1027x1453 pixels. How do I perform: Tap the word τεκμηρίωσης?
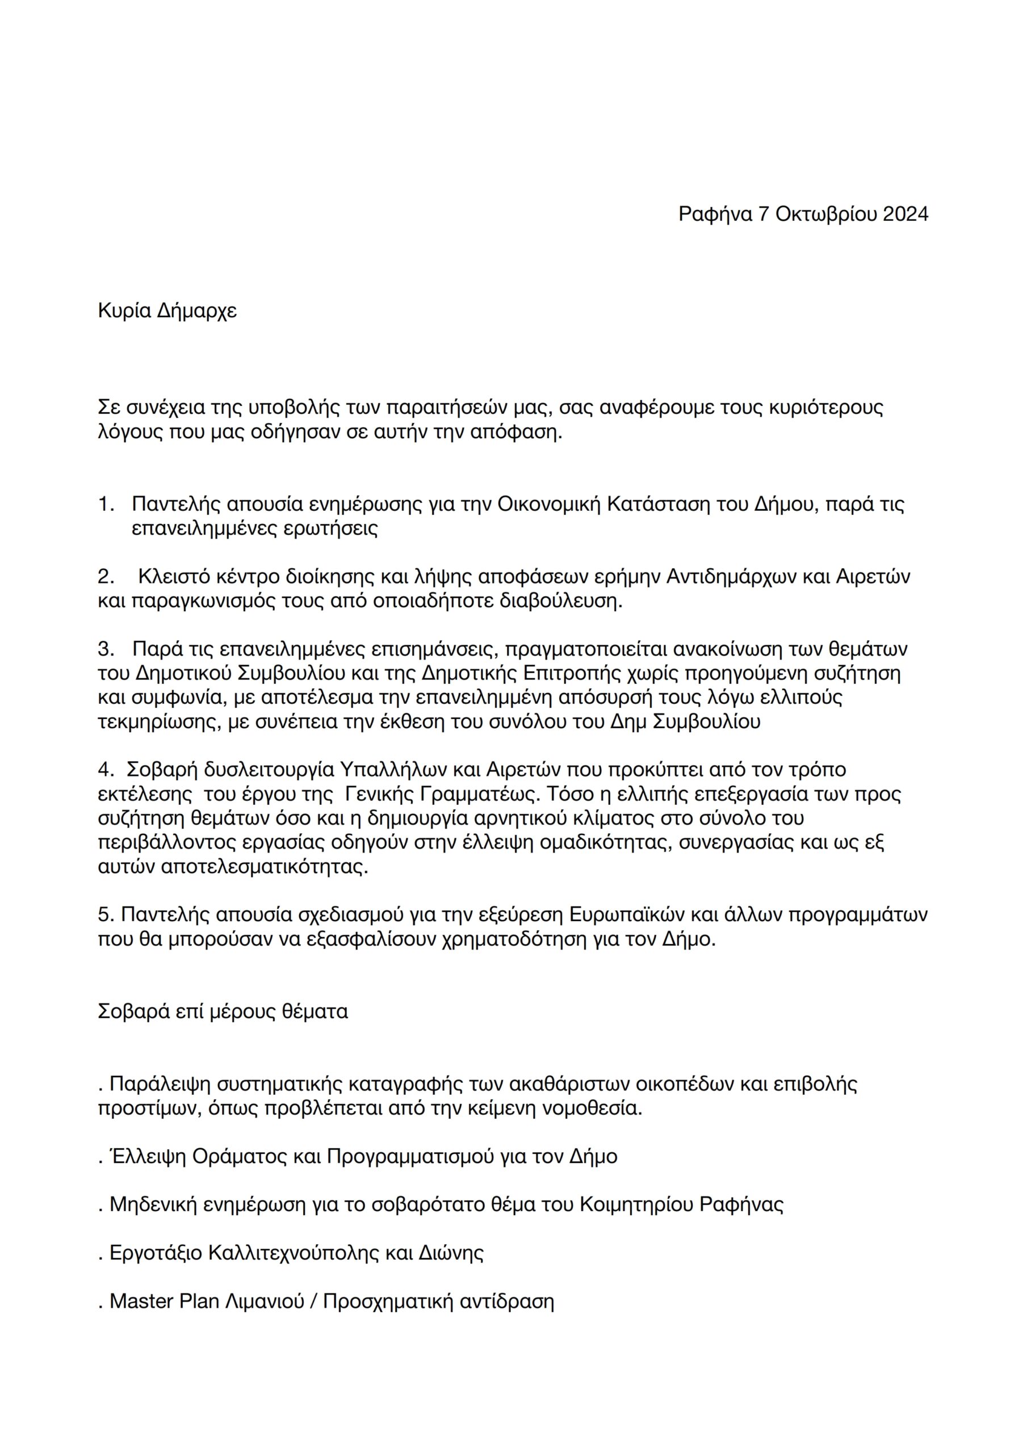point(159,722)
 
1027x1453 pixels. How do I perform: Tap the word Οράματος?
point(240,1157)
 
